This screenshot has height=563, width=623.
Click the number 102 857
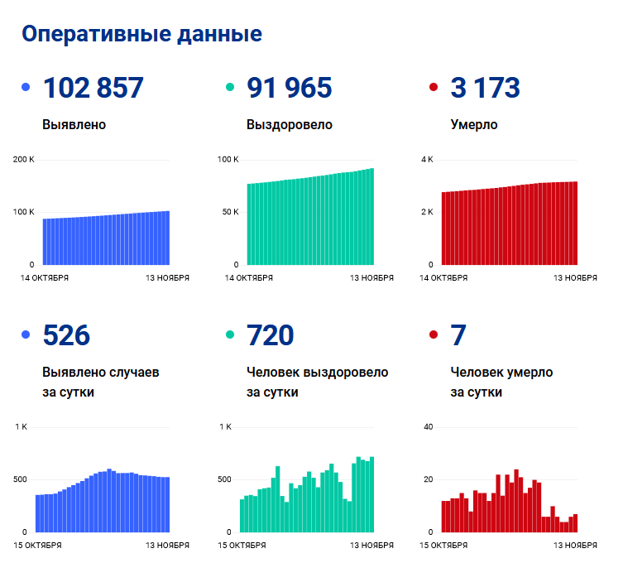[93, 88]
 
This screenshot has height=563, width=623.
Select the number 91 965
[290, 88]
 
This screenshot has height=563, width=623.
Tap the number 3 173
[485, 88]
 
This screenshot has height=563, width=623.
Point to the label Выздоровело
[290, 125]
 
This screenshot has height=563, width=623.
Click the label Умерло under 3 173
[474, 125]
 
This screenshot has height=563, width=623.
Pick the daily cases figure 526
[66, 335]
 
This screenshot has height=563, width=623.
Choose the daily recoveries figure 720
[271, 335]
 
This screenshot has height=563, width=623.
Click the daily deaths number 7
[458, 335]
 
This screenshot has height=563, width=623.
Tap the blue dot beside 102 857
[26, 87]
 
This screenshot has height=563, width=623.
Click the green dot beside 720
[230, 335]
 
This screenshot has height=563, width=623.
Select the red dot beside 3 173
[434, 87]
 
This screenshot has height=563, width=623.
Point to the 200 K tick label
[24, 159]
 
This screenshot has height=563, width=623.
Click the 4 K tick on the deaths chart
[427, 159]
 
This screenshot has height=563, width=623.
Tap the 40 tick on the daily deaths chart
[429, 427]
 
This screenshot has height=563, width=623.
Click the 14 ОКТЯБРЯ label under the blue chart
[45, 278]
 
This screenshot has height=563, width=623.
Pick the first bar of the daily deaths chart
[444, 516]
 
